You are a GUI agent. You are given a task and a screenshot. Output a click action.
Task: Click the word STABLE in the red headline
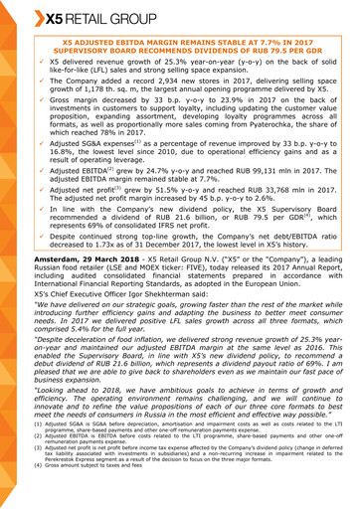224,44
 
